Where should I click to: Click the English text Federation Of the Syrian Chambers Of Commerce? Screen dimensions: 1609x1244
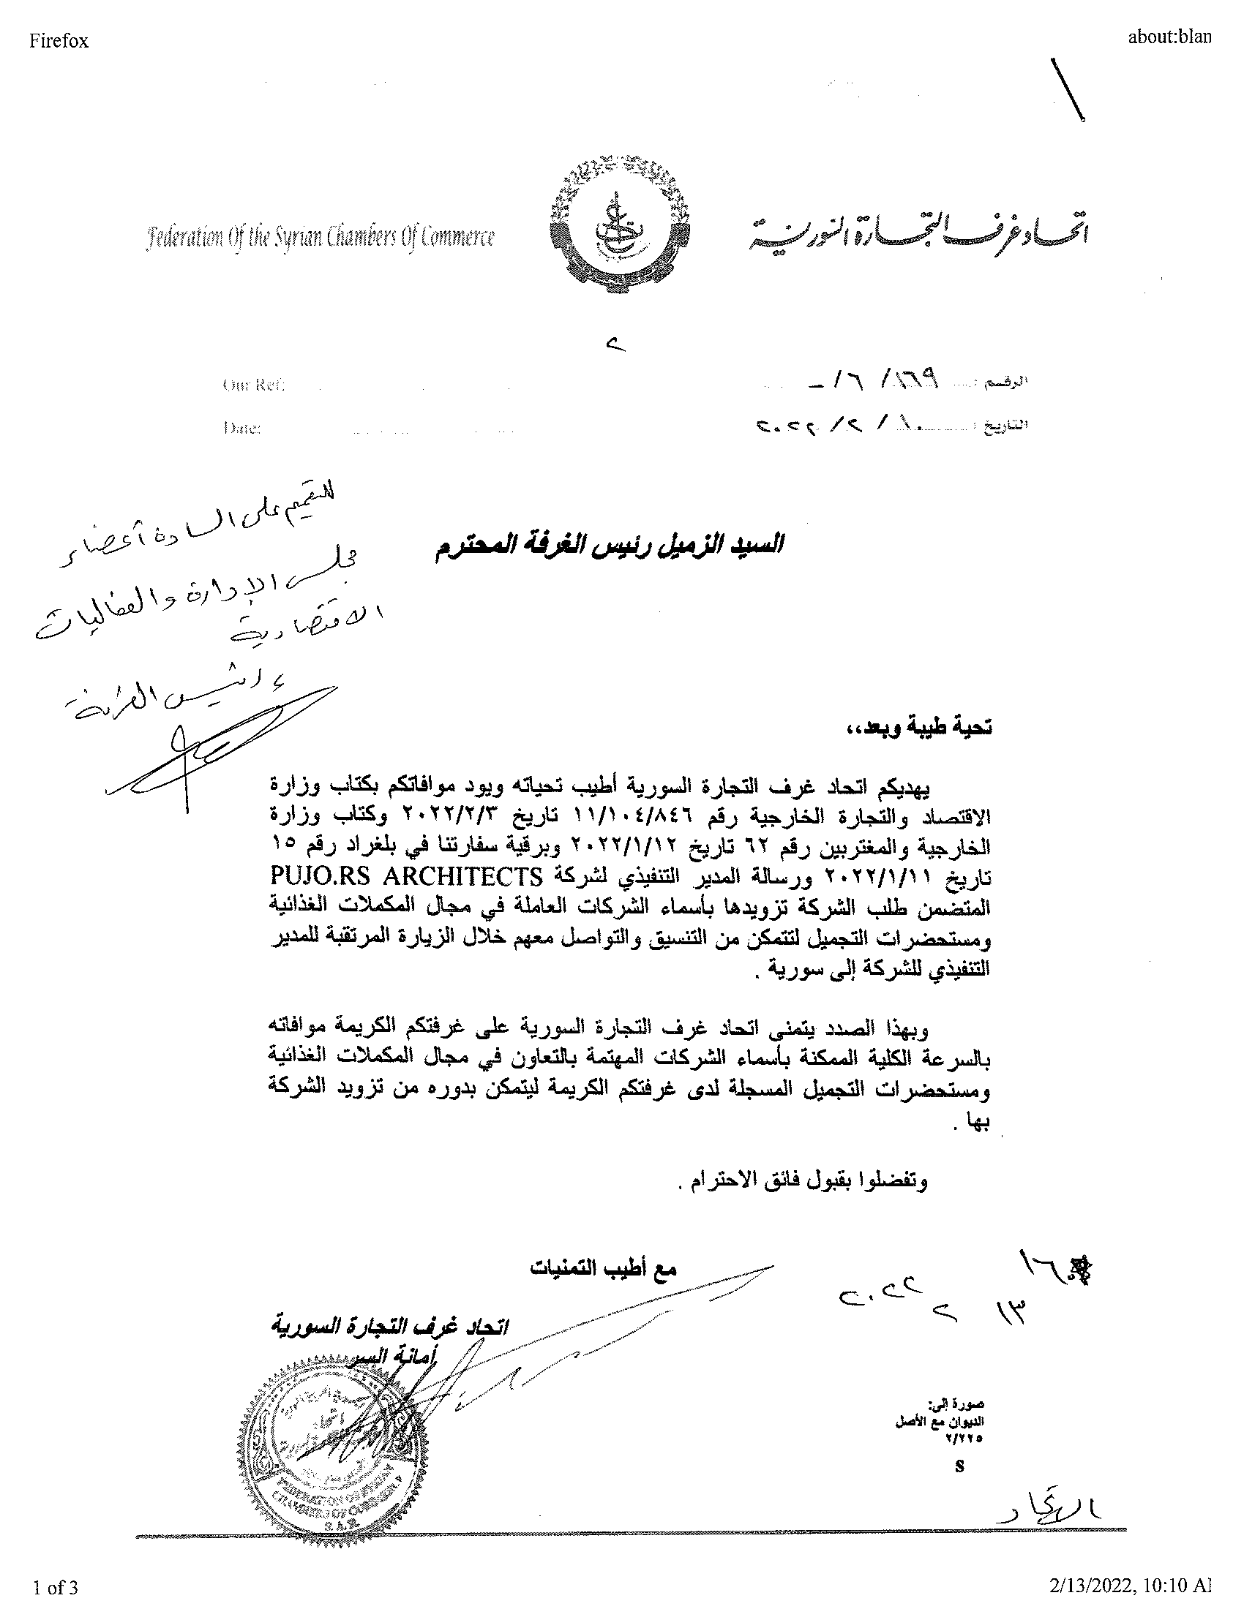(x=321, y=238)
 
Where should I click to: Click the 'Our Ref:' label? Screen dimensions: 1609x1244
(x=252, y=385)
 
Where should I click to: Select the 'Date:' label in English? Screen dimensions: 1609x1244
(x=241, y=428)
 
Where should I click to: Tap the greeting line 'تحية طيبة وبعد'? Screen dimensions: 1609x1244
(x=918, y=728)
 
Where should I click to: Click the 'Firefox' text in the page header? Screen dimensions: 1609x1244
(x=59, y=41)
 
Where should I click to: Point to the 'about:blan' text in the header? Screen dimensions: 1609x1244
(x=1168, y=37)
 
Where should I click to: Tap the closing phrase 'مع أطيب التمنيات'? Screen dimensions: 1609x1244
(x=603, y=1268)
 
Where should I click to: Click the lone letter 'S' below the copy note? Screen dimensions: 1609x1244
(x=959, y=1466)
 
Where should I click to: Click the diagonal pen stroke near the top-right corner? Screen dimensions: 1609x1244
(x=1067, y=88)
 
